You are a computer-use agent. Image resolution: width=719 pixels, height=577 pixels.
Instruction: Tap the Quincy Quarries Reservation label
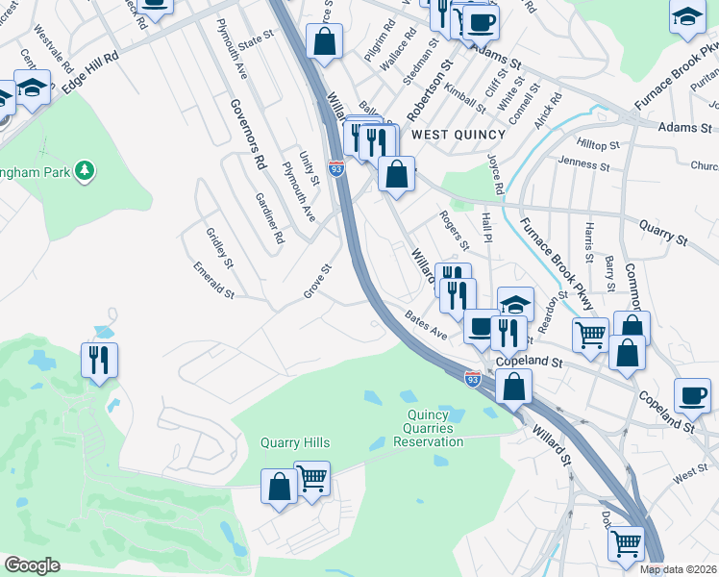[429, 428]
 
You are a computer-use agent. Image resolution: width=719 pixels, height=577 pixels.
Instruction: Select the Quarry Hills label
[295, 443]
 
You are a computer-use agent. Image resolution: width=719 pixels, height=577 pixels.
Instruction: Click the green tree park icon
[86, 170]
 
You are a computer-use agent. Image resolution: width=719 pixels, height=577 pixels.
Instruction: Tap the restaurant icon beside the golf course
[99, 361]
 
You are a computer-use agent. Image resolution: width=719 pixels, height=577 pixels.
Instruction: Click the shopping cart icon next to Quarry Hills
[311, 478]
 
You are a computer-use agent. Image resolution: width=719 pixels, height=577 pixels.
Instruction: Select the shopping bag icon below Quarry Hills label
[279, 487]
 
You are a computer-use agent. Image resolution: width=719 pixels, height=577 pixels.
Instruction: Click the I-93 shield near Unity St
[336, 168]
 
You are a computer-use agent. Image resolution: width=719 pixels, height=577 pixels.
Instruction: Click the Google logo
[32, 565]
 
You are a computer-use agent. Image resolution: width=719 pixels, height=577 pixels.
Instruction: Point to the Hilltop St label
[598, 144]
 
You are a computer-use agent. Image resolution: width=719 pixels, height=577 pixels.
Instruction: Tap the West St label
[690, 473]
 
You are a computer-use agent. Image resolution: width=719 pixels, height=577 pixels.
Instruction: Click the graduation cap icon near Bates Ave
[515, 305]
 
